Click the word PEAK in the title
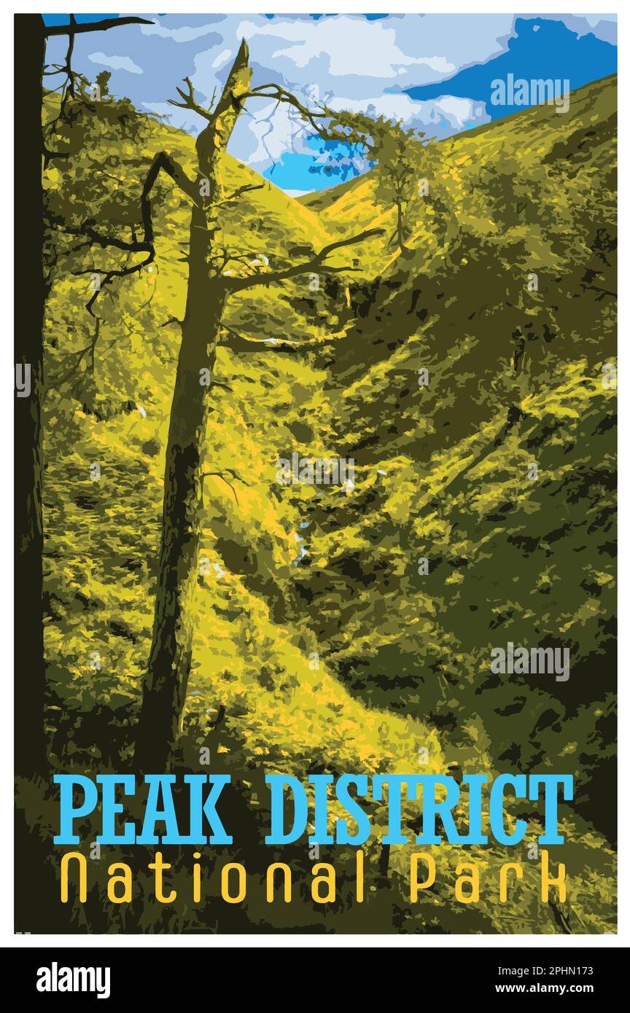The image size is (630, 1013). (x=143, y=809)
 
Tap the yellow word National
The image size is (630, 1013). (x=212, y=879)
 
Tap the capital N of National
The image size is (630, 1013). (x=74, y=879)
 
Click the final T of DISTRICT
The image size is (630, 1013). (x=553, y=809)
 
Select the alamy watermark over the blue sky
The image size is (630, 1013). (x=529, y=93)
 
